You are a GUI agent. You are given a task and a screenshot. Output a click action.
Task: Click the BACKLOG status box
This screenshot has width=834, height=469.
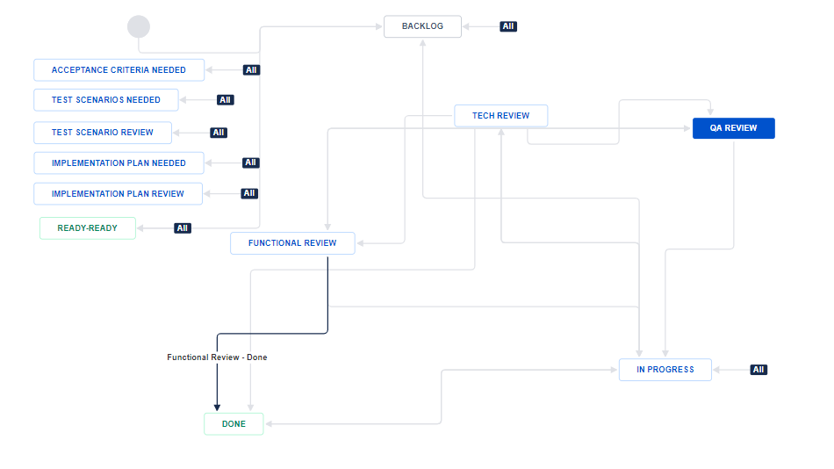[422, 26]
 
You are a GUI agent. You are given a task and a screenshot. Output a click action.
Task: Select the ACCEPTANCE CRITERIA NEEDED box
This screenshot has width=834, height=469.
[119, 70]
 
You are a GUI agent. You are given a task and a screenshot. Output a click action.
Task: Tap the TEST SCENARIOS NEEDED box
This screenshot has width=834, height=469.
[106, 100]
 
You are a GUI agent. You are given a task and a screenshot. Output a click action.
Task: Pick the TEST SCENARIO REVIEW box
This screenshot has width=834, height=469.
[103, 133]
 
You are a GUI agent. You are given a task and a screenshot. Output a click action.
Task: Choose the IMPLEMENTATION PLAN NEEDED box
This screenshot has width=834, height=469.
[119, 162]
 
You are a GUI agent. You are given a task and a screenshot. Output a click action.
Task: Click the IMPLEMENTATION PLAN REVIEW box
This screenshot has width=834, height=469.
[119, 194]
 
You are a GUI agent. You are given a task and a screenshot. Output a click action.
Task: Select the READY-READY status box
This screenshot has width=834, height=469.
[88, 228]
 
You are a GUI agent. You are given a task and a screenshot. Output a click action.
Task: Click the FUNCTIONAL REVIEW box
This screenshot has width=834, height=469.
[292, 243]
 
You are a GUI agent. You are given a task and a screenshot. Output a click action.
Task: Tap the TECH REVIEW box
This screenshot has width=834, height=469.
[501, 116]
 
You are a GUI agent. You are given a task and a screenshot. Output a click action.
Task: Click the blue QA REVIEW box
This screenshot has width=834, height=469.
[733, 128]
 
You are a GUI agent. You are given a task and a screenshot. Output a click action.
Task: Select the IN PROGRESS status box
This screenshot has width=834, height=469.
[665, 370]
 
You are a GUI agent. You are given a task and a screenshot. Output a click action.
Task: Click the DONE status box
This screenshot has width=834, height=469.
[234, 424]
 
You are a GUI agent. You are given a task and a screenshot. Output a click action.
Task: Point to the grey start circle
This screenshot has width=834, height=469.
[139, 26]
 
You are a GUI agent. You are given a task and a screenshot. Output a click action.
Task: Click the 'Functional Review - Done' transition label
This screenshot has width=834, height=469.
[217, 357]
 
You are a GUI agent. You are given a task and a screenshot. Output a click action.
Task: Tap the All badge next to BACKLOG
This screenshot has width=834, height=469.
[508, 26]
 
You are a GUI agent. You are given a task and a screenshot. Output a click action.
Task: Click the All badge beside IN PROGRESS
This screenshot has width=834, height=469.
[759, 370]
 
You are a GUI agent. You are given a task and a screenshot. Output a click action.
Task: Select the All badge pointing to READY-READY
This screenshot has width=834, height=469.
[183, 228]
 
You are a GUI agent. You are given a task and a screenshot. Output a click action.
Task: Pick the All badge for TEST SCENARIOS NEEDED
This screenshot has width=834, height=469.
[226, 100]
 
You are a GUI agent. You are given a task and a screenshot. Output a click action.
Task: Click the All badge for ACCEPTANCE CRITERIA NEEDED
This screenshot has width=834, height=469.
[251, 70]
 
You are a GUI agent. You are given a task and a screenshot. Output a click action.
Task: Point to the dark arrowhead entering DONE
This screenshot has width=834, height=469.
[217, 408]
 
